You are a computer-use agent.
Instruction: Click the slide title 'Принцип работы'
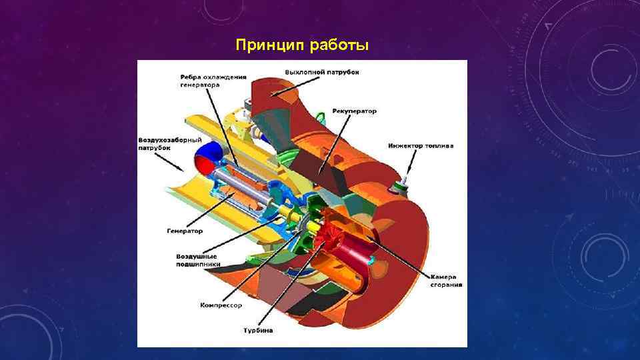tap(301, 45)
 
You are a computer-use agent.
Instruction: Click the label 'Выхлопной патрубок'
tap(322, 71)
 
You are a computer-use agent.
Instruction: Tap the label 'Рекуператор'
tap(354, 111)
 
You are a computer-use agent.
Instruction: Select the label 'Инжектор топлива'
tap(421, 145)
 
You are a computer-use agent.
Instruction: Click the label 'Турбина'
tap(257, 330)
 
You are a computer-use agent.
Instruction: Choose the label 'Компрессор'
tap(221, 305)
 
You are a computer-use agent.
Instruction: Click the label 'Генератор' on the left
tap(184, 231)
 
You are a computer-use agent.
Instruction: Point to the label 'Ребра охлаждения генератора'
tap(207, 81)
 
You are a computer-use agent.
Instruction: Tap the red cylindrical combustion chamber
tap(350, 253)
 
